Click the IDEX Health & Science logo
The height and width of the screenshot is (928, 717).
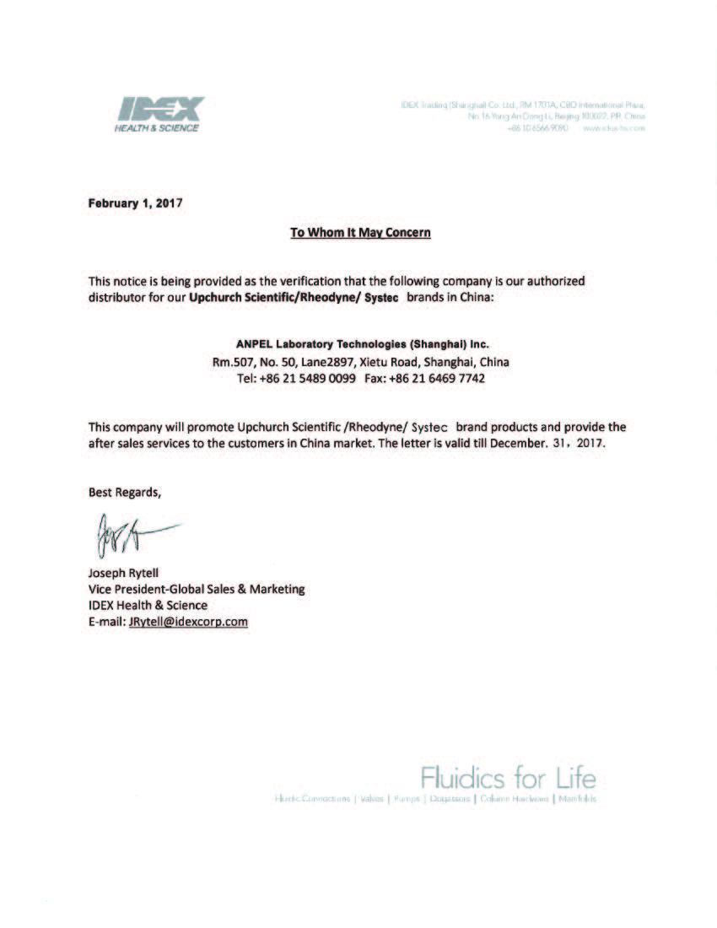(159, 113)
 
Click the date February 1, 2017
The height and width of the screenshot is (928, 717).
(136, 202)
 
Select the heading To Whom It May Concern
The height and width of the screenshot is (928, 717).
(360, 232)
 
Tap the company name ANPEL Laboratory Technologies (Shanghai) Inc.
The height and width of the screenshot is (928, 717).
(362, 344)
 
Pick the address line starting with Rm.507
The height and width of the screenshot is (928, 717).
(360, 362)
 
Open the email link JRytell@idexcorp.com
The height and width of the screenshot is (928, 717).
(188, 622)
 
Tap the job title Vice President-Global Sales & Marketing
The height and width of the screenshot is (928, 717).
(197, 588)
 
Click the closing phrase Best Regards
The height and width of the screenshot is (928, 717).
(125, 492)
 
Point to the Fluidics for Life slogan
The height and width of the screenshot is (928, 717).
(508, 776)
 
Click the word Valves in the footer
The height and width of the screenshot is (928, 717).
(371, 798)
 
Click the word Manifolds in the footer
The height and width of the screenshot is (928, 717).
(577, 798)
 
